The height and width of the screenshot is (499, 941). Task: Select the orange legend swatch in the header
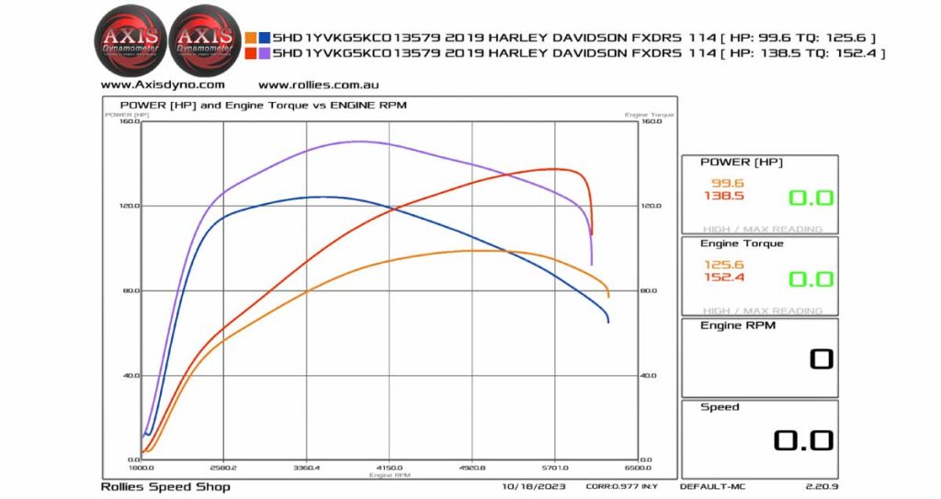(252, 38)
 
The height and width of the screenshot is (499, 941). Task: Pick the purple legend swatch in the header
(265, 53)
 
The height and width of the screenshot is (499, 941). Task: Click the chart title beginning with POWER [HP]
(263, 105)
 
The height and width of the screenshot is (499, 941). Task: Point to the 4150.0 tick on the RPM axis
(390, 468)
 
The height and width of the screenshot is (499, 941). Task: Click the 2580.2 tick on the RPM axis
(223, 468)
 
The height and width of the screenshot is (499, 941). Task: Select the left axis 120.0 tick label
(128, 206)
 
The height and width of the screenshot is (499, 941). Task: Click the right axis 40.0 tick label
(649, 375)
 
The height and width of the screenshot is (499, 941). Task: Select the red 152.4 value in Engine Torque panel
(723, 278)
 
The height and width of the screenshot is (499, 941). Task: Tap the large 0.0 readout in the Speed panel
(802, 441)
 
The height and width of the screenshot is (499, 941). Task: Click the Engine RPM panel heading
(737, 325)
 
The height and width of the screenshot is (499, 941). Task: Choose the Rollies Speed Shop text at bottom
(164, 486)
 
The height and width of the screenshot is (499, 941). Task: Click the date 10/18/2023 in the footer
(534, 486)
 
